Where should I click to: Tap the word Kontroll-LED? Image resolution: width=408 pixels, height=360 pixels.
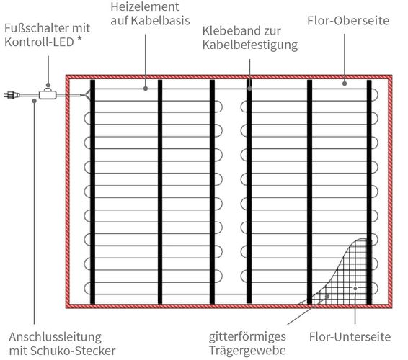40,42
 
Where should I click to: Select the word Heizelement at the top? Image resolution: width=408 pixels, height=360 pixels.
145,7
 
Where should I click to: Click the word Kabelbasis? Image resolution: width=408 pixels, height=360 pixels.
161,21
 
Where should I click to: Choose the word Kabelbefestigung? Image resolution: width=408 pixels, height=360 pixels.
250,45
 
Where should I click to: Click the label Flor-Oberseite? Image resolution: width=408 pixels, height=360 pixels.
348,21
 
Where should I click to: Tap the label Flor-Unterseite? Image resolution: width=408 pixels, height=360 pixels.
350,337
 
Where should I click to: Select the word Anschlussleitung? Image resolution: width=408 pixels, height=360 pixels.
56,338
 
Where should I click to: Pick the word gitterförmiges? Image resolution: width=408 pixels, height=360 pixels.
247,337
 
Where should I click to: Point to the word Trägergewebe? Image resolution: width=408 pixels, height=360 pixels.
247,351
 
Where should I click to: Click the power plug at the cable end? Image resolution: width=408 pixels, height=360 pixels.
12,95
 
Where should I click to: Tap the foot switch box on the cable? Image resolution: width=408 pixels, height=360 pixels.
48,94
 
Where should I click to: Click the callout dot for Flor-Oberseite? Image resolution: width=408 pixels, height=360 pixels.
345,84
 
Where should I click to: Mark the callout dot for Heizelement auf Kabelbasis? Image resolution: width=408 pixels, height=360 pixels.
146,89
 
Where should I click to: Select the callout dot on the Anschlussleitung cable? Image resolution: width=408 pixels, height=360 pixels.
34,101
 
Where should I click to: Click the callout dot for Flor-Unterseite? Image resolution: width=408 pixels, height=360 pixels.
355,288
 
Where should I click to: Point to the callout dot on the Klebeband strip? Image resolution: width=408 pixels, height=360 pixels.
249,89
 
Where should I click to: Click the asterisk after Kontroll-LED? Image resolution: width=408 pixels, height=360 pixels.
79,40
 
